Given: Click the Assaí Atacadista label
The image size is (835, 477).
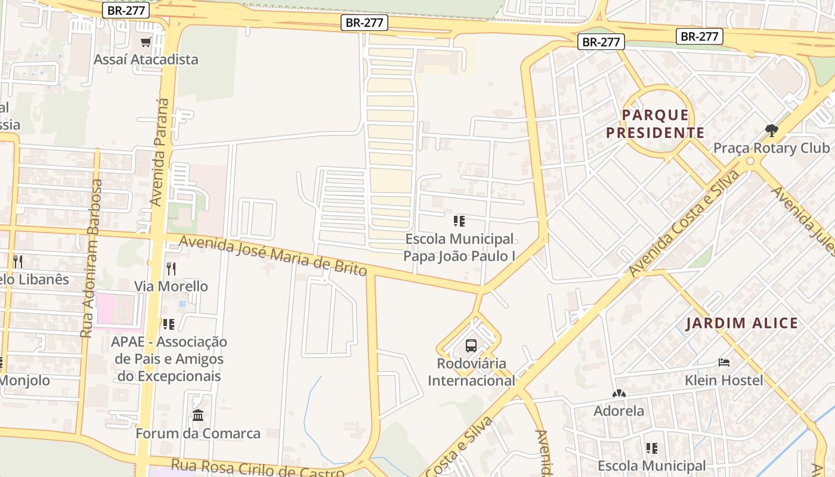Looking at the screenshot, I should [146, 60].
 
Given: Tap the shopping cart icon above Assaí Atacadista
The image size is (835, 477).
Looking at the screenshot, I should [146, 42].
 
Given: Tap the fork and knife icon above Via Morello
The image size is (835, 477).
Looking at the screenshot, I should [171, 269].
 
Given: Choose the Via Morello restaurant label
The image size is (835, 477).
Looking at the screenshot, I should [171, 286].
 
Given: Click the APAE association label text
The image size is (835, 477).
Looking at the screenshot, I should [169, 359].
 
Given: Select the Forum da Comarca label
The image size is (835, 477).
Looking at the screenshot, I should [198, 433].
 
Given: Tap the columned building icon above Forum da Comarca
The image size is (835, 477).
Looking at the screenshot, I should [198, 415].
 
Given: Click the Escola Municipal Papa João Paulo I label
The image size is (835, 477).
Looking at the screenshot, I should [459, 247].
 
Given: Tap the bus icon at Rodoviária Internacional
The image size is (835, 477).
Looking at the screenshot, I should [471, 346].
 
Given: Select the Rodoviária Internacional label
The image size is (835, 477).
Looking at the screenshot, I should [471, 372].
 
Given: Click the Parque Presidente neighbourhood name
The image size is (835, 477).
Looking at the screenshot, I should [655, 123].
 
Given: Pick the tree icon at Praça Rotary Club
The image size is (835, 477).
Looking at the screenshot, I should [772, 130].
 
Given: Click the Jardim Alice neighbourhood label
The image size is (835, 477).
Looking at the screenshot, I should [741, 324].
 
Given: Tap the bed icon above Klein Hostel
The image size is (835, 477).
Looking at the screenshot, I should [724, 363].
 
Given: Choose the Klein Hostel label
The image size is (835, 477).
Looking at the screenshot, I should [724, 380].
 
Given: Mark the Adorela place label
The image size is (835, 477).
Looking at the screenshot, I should [618, 411].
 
